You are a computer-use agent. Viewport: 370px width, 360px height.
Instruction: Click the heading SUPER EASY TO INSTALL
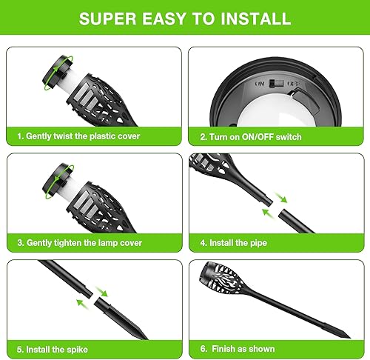click(x=185, y=19)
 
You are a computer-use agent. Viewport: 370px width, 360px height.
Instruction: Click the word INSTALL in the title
click(x=252, y=19)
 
